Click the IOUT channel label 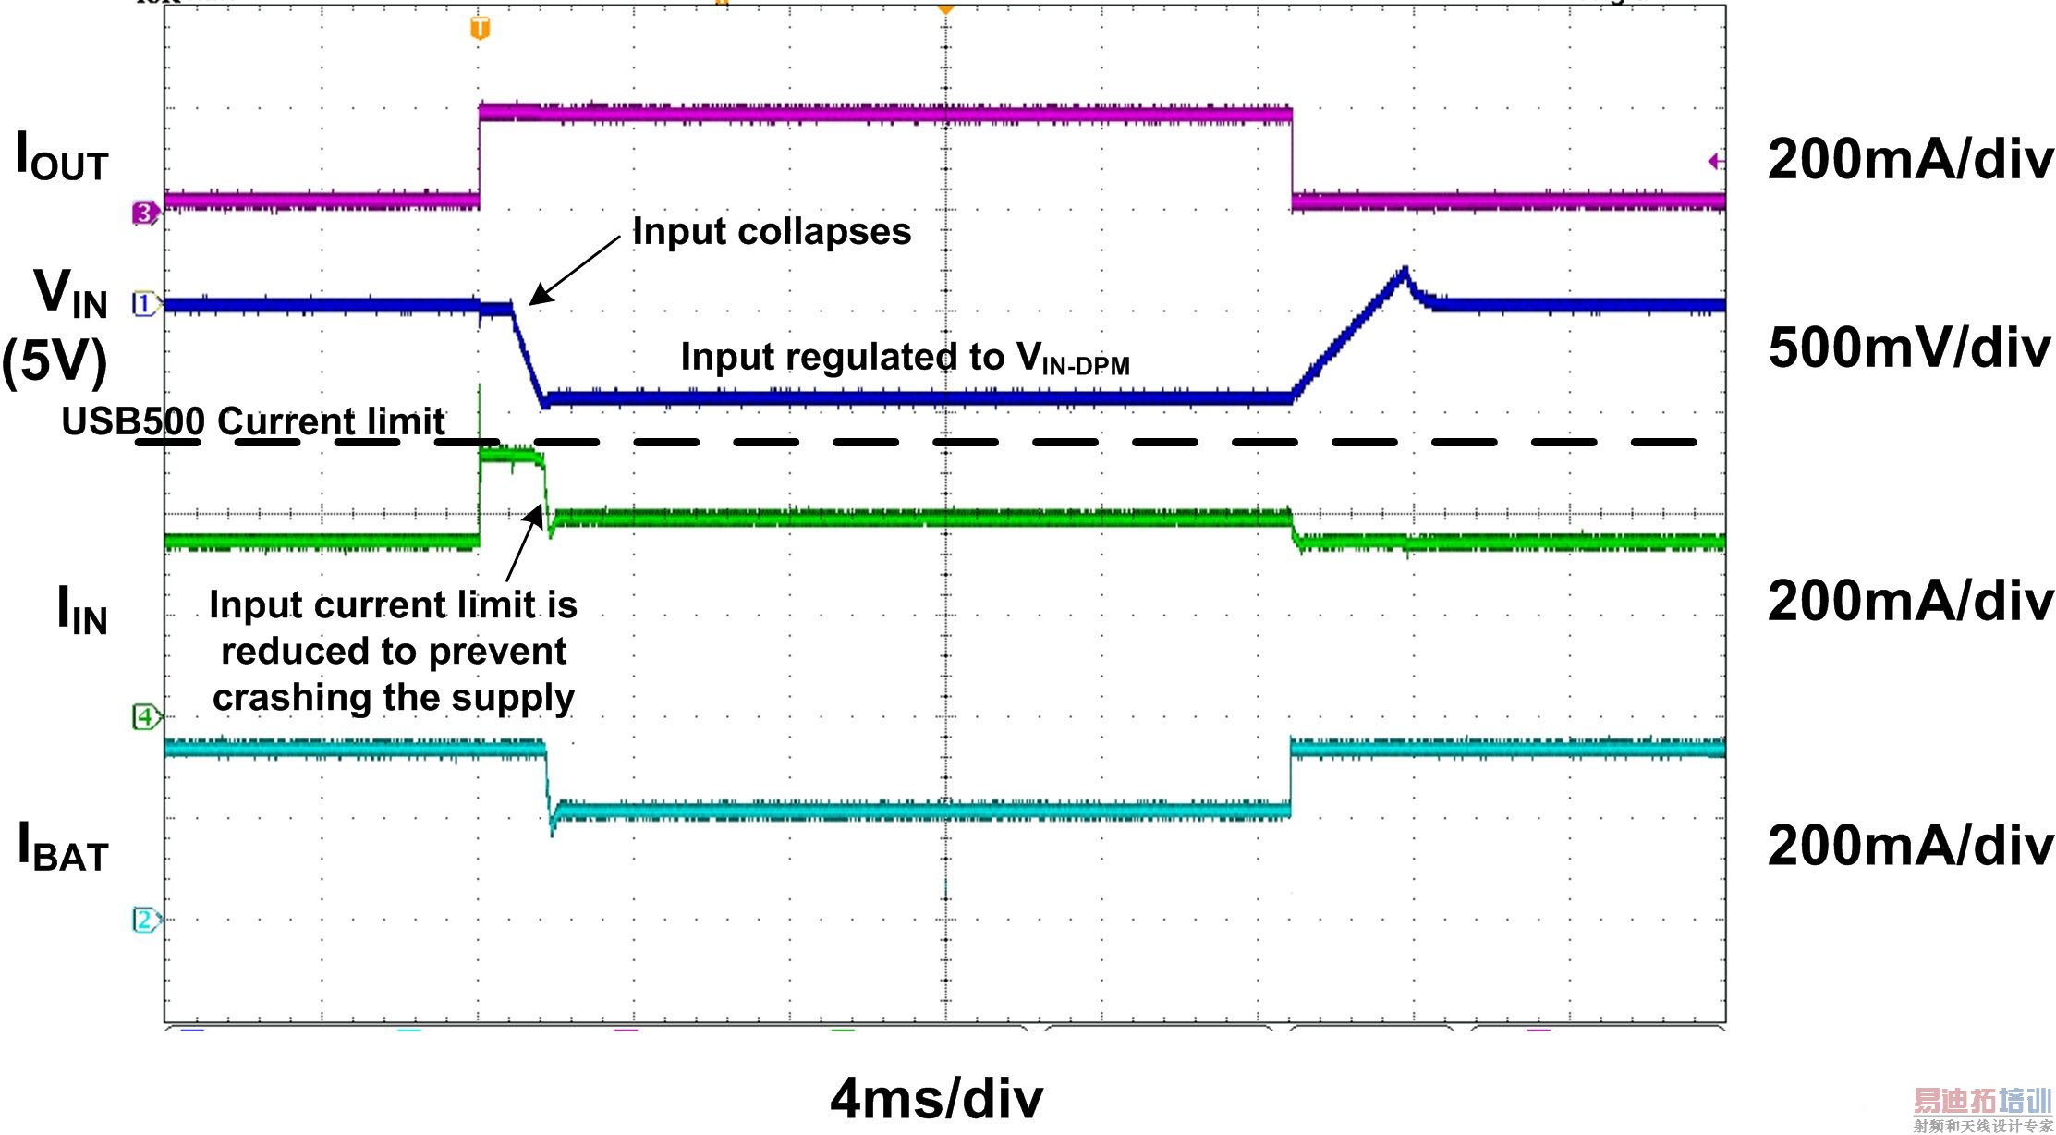tap(63, 157)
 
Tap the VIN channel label tap(71, 294)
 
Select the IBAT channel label tap(64, 847)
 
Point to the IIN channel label tap(82, 610)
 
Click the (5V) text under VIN tap(55, 360)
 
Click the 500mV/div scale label tap(1908, 349)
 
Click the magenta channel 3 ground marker tap(145, 214)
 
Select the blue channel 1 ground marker tap(145, 303)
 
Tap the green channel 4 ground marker tap(145, 716)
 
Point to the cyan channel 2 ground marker tap(145, 920)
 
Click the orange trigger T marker tap(480, 29)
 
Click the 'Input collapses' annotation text tap(772, 231)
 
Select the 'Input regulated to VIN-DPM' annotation tap(905, 358)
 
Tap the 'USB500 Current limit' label tap(252, 421)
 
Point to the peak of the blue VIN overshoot tap(1405, 270)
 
